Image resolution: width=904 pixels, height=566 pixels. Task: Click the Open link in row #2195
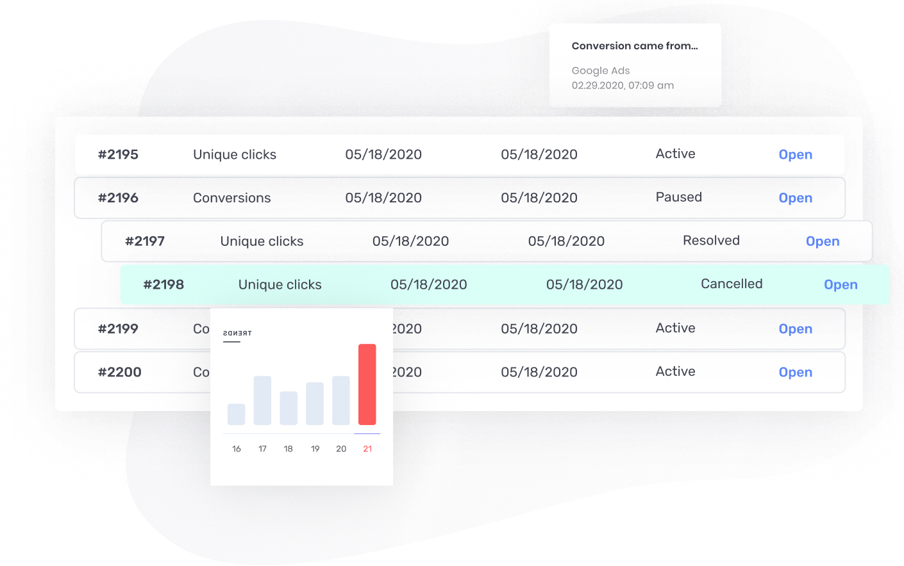pyautogui.click(x=795, y=154)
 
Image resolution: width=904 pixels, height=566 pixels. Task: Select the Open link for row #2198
pyautogui.click(x=840, y=284)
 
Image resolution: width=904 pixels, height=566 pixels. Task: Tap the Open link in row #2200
pyautogui.click(x=795, y=372)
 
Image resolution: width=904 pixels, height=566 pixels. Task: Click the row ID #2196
pyautogui.click(x=118, y=198)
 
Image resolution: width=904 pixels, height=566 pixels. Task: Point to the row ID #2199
pyautogui.click(x=118, y=328)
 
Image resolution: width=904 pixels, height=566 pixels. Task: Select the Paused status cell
pyautogui.click(x=678, y=197)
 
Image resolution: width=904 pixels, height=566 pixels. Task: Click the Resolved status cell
pyautogui.click(x=711, y=241)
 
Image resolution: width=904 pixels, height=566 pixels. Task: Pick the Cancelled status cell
pyautogui.click(x=732, y=284)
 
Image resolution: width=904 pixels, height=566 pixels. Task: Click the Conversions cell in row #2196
pyautogui.click(x=231, y=198)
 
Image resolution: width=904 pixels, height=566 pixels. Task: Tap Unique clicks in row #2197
pyautogui.click(x=262, y=241)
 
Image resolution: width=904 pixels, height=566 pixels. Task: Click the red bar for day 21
pyautogui.click(x=367, y=384)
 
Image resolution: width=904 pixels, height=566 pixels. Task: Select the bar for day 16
pyautogui.click(x=236, y=414)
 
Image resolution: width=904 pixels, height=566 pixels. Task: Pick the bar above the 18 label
pyautogui.click(x=289, y=408)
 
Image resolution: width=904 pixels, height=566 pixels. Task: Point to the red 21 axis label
pyautogui.click(x=367, y=449)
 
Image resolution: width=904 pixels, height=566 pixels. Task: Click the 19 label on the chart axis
pyautogui.click(x=315, y=449)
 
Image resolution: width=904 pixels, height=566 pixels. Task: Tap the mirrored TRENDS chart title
pyautogui.click(x=237, y=333)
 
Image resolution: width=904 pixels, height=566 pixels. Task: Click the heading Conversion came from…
pyautogui.click(x=635, y=46)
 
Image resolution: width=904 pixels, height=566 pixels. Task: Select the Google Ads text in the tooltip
pyautogui.click(x=601, y=70)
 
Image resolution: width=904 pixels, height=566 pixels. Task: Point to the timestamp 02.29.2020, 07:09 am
pyautogui.click(x=623, y=85)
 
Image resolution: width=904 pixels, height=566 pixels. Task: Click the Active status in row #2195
pyautogui.click(x=675, y=154)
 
